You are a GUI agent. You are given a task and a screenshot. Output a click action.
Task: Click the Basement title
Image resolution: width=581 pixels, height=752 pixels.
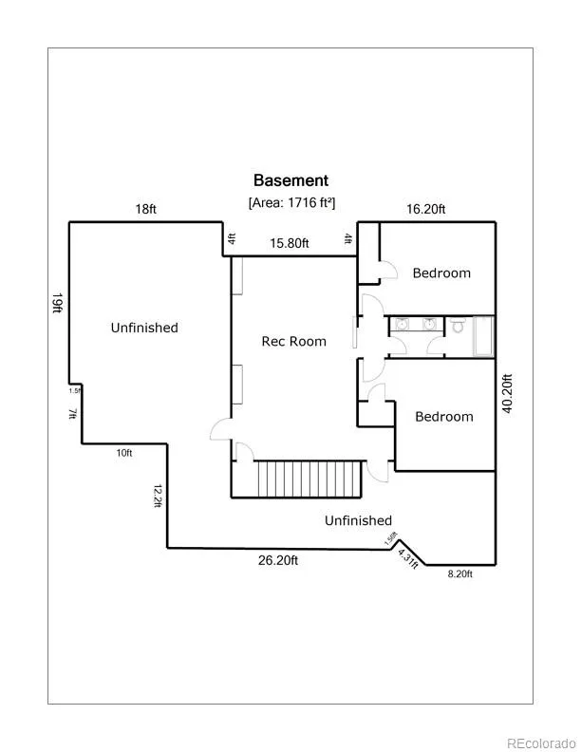(290, 179)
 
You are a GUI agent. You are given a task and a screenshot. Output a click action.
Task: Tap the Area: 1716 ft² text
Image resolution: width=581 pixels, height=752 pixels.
(291, 202)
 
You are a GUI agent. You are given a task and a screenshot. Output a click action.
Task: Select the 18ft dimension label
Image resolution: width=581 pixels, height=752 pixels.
(145, 209)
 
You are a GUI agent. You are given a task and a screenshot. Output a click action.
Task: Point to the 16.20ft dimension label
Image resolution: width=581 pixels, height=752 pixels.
(426, 209)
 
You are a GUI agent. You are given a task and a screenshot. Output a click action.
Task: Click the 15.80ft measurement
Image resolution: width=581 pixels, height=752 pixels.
(290, 243)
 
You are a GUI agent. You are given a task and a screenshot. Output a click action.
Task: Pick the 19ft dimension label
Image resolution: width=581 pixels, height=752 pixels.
(58, 303)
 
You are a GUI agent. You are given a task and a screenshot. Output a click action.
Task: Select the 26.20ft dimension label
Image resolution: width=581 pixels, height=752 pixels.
(278, 561)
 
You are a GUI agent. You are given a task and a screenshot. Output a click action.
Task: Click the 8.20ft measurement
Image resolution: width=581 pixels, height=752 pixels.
(459, 573)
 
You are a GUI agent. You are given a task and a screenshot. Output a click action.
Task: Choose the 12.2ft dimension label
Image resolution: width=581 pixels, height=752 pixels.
(158, 496)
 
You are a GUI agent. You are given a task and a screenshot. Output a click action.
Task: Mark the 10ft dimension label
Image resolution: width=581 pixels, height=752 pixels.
(123, 453)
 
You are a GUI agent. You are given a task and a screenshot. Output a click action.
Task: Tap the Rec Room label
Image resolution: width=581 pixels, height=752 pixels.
(293, 341)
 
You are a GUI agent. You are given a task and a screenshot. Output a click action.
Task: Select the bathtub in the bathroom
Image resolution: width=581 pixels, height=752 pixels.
(482, 337)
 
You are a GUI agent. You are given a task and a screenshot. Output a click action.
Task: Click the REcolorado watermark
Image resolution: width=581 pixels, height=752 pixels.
(539, 743)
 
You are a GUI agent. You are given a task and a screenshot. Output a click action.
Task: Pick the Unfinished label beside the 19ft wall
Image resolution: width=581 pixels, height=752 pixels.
(143, 328)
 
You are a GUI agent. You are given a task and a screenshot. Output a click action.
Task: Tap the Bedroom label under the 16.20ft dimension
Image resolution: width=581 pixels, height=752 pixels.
(441, 273)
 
